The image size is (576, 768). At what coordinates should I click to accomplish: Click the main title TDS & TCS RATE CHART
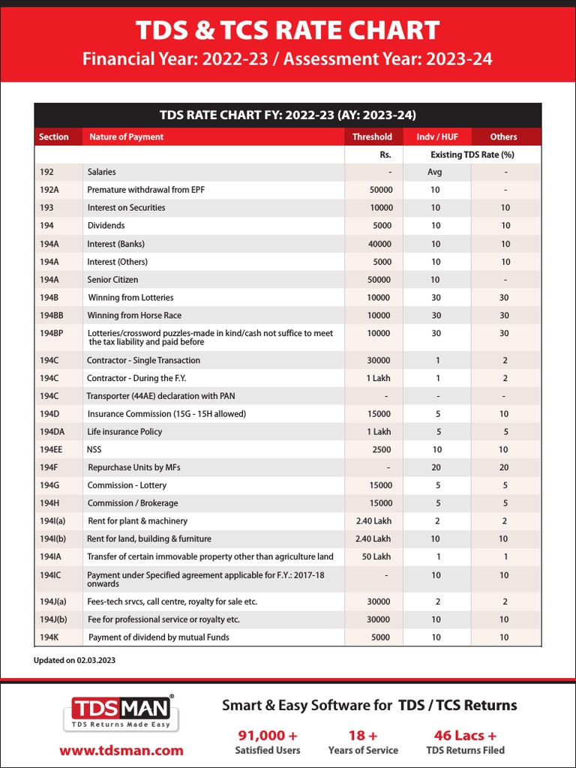tap(287, 31)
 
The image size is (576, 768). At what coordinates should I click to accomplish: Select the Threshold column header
tap(372, 136)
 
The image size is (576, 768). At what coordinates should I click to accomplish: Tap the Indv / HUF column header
tap(436, 136)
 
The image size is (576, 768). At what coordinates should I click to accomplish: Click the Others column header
tap(503, 136)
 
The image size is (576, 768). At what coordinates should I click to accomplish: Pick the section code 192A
tap(49, 190)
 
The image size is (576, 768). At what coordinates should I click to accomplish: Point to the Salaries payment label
tap(101, 172)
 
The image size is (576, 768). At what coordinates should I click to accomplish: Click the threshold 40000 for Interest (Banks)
tap(379, 244)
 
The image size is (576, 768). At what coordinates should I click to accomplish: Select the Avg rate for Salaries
tap(435, 172)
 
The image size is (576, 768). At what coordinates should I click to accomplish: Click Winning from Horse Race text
tap(134, 315)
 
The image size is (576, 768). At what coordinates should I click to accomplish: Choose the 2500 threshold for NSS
tap(381, 449)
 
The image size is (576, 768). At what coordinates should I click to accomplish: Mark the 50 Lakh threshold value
tap(376, 556)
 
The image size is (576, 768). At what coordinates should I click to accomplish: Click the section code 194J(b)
tap(53, 619)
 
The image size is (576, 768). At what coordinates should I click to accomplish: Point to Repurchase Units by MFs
tap(134, 467)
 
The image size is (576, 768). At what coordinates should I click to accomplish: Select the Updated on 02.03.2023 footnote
tap(74, 661)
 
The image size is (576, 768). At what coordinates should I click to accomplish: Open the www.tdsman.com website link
tap(121, 750)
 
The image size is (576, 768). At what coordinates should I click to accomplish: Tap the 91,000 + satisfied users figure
tap(268, 735)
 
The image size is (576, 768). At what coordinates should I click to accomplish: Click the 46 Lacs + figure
tap(465, 735)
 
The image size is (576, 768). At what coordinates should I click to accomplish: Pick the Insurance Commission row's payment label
tap(166, 414)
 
